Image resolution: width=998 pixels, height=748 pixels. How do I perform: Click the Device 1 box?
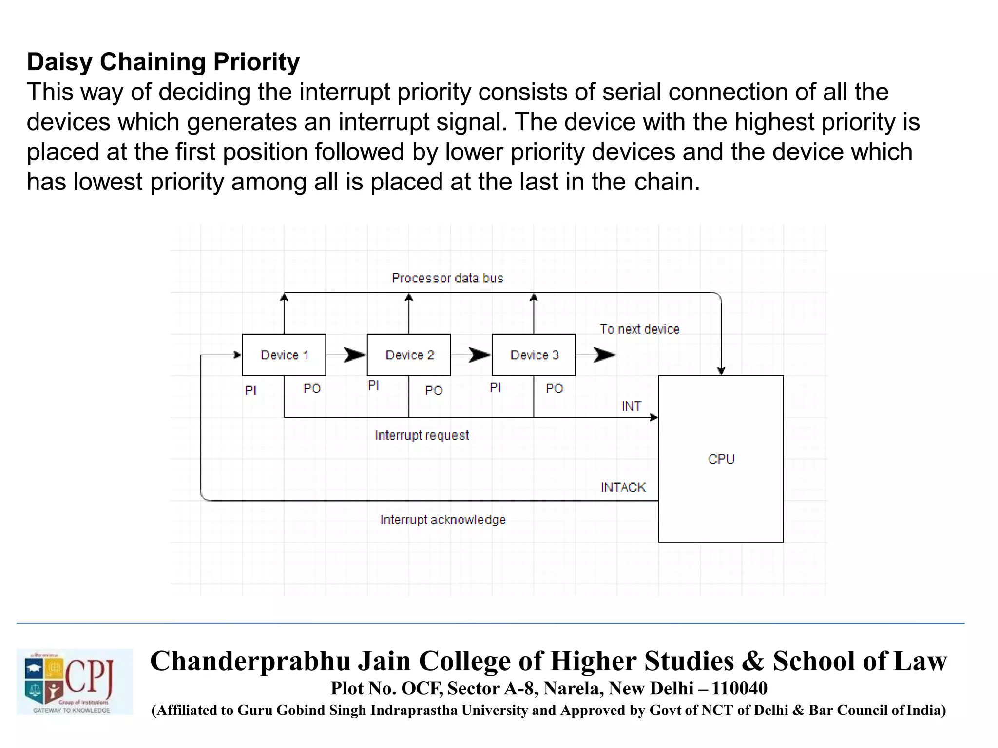[284, 355]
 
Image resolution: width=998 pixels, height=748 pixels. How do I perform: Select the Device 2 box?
[409, 355]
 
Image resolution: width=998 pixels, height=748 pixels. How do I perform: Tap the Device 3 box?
[534, 355]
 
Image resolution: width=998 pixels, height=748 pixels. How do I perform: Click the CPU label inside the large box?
[721, 459]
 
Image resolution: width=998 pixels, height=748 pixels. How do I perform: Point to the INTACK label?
[623, 487]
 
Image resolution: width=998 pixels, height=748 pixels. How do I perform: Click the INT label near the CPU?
[631, 406]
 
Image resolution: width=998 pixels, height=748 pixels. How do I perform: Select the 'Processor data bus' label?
[447, 278]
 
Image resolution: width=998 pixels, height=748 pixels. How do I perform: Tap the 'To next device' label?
[639, 329]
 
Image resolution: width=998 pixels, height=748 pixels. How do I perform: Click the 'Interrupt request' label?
[422, 435]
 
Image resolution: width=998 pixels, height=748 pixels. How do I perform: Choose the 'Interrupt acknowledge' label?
[443, 520]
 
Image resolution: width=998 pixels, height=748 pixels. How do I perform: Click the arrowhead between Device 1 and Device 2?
[355, 355]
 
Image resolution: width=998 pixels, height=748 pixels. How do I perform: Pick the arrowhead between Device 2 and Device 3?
[480, 355]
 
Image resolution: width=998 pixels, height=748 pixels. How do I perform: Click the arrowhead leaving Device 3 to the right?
[605, 355]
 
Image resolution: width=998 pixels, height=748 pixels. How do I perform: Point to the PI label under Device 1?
[250, 391]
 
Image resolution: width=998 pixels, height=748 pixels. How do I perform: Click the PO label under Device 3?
[555, 389]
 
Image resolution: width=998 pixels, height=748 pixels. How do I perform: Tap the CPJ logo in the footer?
[75, 682]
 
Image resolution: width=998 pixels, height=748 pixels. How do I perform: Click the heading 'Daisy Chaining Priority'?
[163, 62]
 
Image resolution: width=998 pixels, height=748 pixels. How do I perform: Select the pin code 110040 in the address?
[739, 688]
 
